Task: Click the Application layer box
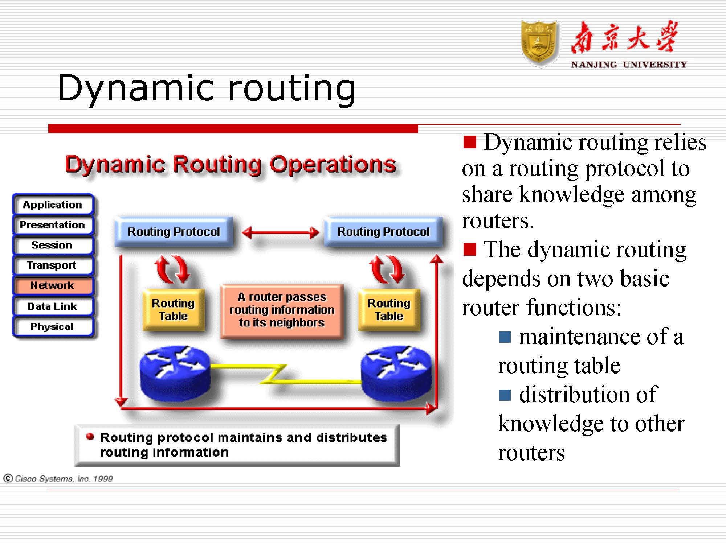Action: (53, 205)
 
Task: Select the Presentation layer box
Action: (53, 225)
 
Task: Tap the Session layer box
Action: (53, 245)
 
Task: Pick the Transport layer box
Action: (53, 265)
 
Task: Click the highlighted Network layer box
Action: (53, 286)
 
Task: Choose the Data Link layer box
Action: (53, 306)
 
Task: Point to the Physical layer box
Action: (53, 327)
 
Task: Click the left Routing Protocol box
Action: (174, 231)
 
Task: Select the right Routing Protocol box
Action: (383, 231)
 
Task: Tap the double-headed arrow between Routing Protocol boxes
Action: (280, 232)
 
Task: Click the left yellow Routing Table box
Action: (174, 309)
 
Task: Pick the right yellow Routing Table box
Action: (389, 309)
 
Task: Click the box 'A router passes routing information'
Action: (282, 311)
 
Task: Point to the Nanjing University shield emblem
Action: (539, 43)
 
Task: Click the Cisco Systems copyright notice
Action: (58, 478)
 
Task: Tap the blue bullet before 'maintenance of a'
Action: (505, 337)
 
